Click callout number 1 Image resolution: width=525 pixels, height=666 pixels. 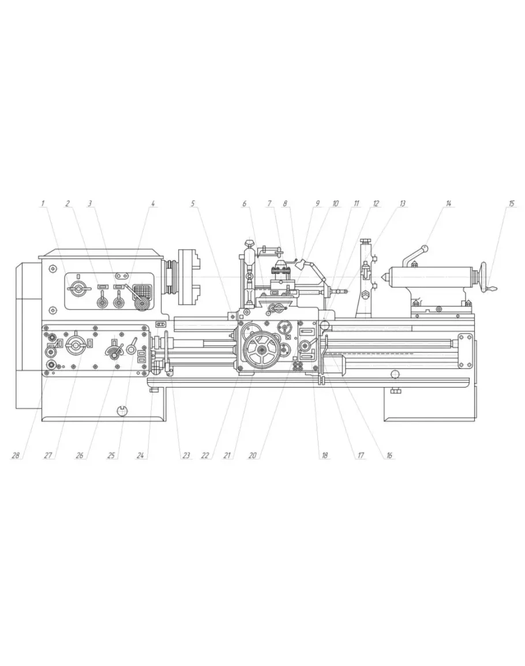42,204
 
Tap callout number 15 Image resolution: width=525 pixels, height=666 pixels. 511,204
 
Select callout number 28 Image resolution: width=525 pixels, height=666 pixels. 16,456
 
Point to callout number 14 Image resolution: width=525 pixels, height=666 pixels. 448,204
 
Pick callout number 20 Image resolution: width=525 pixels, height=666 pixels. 253,456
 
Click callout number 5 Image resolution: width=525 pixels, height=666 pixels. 193,204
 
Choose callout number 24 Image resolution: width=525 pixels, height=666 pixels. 141,456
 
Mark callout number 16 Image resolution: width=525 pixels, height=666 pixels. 388,456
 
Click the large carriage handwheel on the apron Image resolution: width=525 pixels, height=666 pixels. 261,349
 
